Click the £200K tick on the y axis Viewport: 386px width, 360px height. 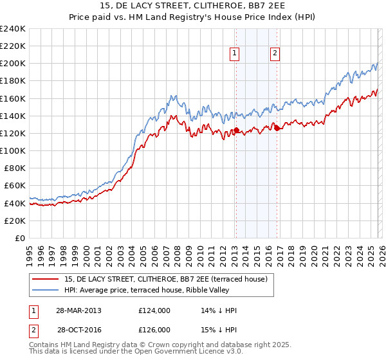13,64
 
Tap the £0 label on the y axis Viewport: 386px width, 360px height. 21,238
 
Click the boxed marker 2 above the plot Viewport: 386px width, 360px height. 275,54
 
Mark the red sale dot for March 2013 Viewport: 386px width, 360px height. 236,130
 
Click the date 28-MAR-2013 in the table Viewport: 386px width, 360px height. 78,310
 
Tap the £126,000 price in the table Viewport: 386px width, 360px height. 154,329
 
